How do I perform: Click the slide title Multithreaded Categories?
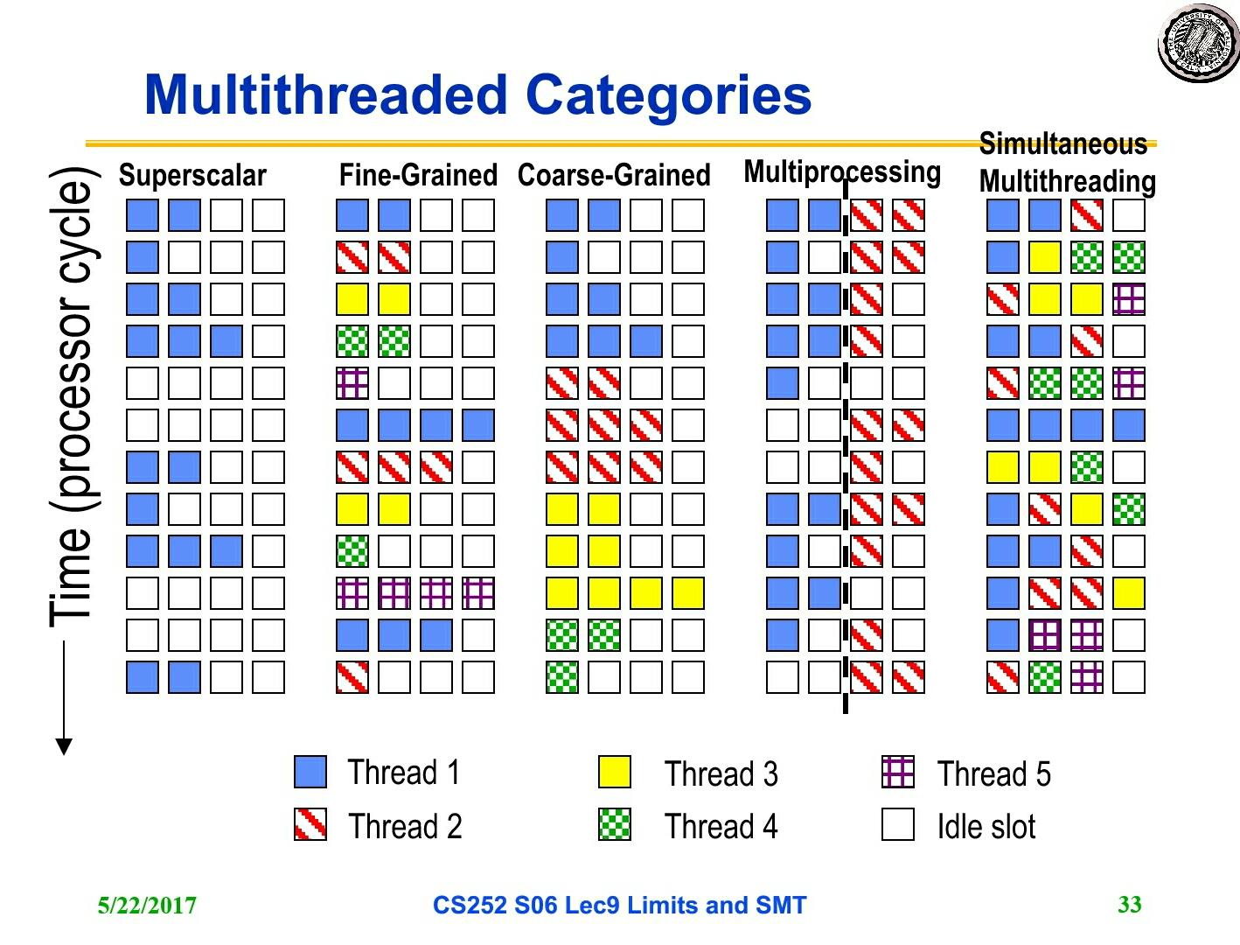point(477,94)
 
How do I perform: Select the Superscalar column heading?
point(192,175)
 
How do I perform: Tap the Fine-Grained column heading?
point(418,175)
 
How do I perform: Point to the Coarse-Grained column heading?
point(614,175)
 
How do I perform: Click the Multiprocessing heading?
point(841,172)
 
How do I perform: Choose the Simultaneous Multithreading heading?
point(1067,163)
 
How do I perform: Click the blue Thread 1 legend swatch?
point(310,772)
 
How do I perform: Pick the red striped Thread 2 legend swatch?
point(310,824)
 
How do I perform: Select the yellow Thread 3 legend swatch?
point(615,772)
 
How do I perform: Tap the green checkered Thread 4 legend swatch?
point(615,824)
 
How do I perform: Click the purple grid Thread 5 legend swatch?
point(898,772)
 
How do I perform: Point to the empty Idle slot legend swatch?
point(898,824)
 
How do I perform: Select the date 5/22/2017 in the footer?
point(147,906)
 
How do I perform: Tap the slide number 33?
point(1129,905)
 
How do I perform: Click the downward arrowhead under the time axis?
point(64,746)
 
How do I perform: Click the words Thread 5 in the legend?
point(993,773)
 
